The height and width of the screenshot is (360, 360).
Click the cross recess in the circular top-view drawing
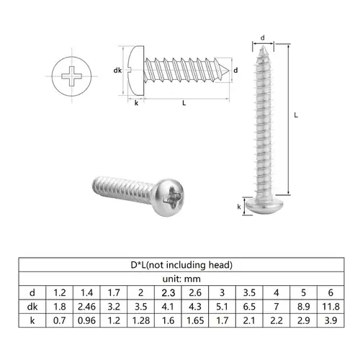73,73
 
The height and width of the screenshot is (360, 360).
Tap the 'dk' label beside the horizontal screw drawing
118,70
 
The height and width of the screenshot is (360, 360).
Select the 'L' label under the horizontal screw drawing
185,104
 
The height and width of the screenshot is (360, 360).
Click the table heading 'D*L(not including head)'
180,265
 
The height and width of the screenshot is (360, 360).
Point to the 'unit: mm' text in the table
180,279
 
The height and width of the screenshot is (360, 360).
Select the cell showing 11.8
329,306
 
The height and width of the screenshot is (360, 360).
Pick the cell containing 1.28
140,320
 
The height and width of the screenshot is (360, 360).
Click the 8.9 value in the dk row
302,306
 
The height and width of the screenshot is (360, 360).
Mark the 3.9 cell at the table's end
329,320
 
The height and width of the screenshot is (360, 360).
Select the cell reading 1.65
194,320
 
